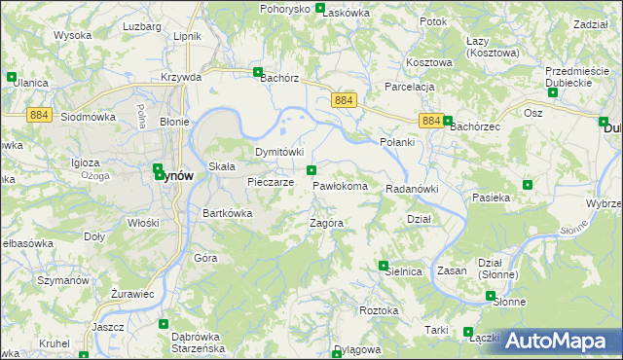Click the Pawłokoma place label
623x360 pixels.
click(340, 185)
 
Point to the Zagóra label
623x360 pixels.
click(326, 223)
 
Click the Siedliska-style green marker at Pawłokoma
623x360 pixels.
click(311, 171)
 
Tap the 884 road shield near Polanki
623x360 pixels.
click(344, 100)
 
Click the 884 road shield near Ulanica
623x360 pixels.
click(39, 115)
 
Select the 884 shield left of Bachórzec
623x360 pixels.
click(433, 121)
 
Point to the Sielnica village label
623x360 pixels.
click(404, 272)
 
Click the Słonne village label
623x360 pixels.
click(508, 302)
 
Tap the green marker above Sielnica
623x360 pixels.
click(384, 265)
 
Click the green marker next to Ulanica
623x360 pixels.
click(11, 76)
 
